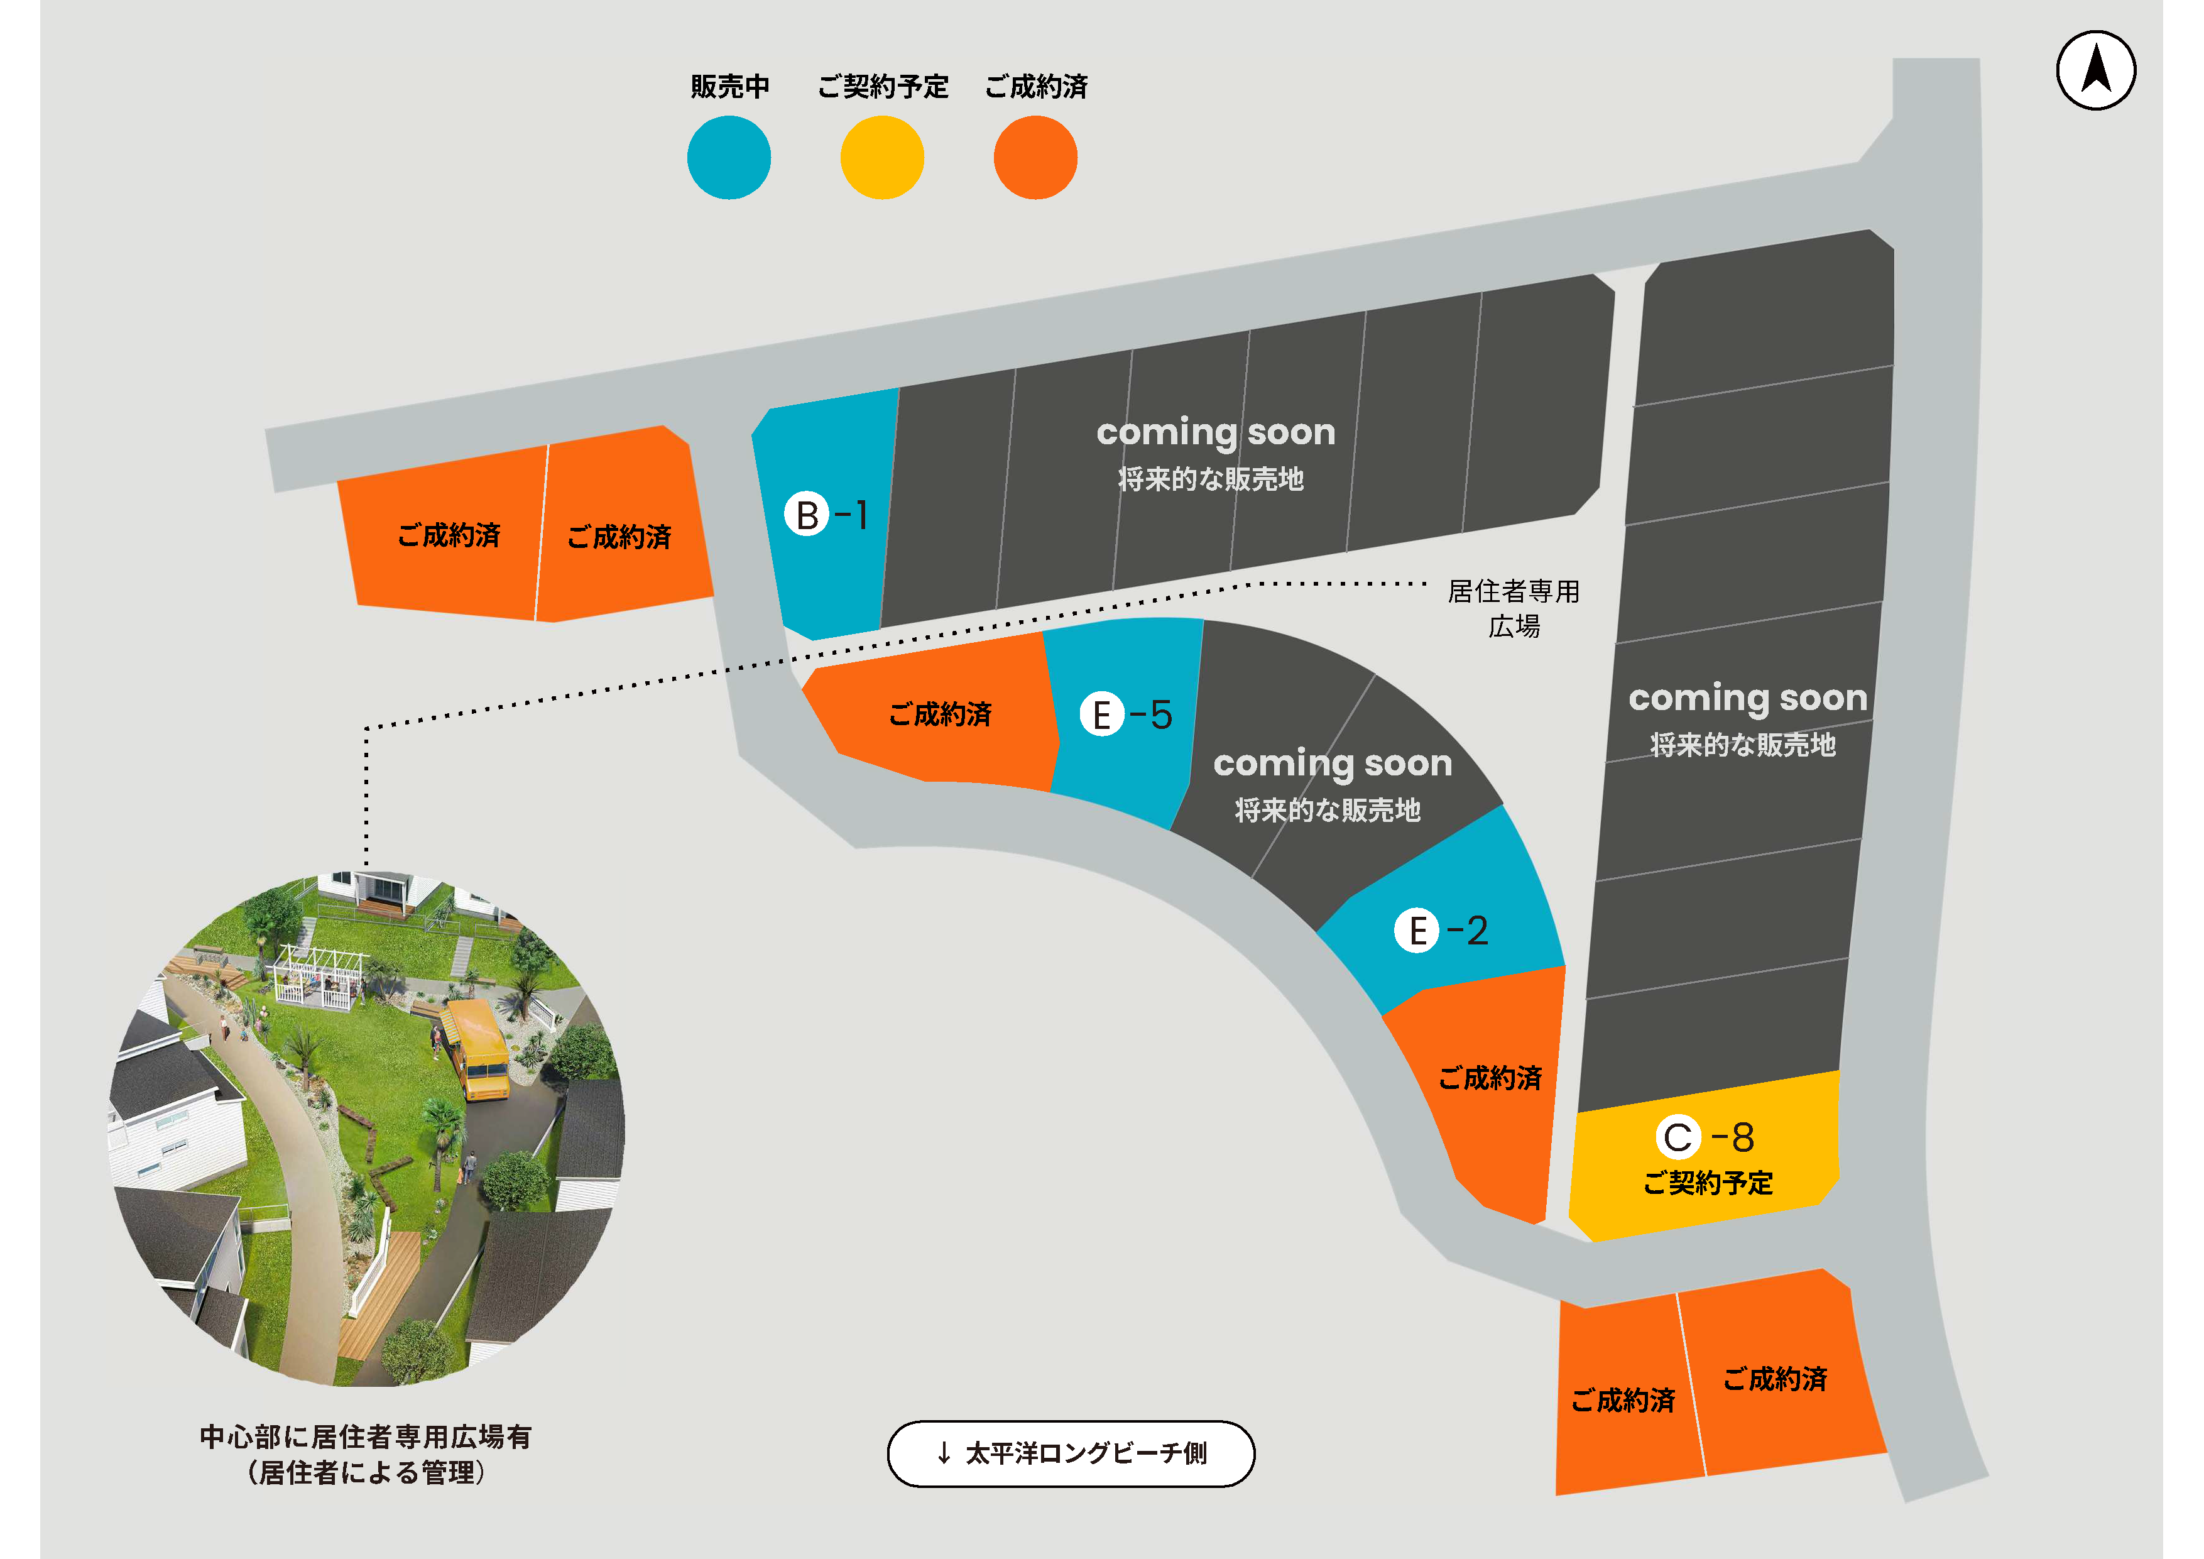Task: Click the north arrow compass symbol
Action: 2095,70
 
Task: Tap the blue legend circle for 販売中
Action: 729,158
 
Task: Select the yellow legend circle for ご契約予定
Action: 881,158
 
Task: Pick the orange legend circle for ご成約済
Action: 1035,158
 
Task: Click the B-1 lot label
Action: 827,515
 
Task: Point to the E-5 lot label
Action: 1126,714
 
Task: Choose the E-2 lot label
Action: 1441,930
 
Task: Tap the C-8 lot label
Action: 1706,1137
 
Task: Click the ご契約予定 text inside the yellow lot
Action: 1708,1183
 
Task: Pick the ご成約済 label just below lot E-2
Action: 1490,1078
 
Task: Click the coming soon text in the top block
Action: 1215,433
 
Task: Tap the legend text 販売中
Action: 729,86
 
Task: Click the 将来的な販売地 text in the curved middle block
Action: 1327,810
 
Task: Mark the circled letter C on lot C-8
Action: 1677,1137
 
